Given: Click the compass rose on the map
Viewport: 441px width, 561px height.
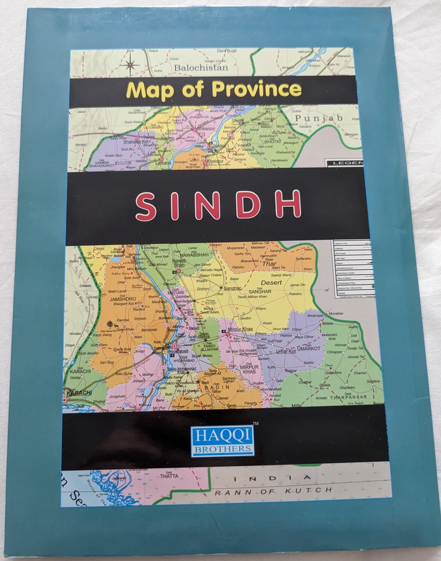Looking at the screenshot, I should click(x=130, y=64).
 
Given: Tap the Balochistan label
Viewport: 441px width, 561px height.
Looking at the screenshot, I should click(x=201, y=68).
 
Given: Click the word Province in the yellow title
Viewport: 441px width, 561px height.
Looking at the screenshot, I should click(x=256, y=89).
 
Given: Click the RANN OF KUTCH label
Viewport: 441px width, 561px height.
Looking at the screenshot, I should click(x=274, y=490).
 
